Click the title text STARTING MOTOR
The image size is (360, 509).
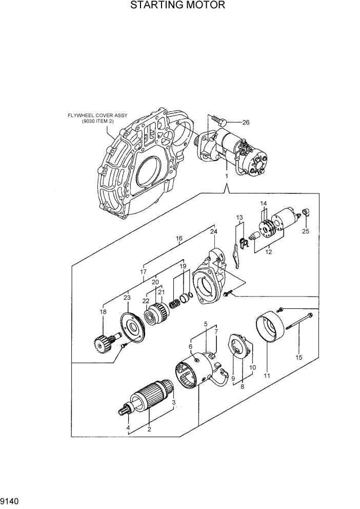click(177, 6)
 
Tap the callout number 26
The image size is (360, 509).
click(246, 122)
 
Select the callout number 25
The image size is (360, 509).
click(306, 231)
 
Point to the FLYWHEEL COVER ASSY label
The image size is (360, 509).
click(97, 119)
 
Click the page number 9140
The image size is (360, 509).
click(10, 498)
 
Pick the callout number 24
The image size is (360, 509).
click(213, 231)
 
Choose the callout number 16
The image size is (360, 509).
click(179, 239)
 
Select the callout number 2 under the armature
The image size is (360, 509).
click(149, 429)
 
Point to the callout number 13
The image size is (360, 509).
click(239, 218)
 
